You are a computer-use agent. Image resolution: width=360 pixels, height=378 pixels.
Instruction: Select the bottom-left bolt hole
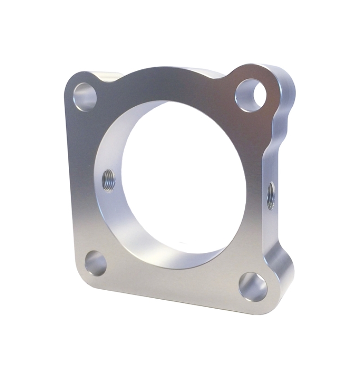point(96,263)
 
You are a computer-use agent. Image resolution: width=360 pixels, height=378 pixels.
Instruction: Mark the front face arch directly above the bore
point(171,83)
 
